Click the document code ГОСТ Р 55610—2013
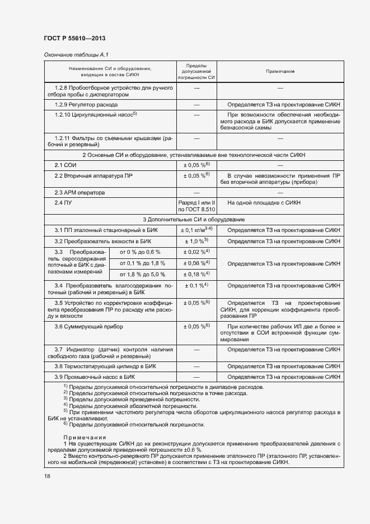click(74, 38)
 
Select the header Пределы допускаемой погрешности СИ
click(196, 72)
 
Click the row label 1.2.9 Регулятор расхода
click(86, 105)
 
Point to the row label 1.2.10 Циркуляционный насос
click(96, 115)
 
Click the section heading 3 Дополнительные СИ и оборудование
click(194, 219)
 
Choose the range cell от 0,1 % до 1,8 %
click(139, 263)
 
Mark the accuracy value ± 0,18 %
click(196, 274)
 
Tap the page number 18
click(46, 476)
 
